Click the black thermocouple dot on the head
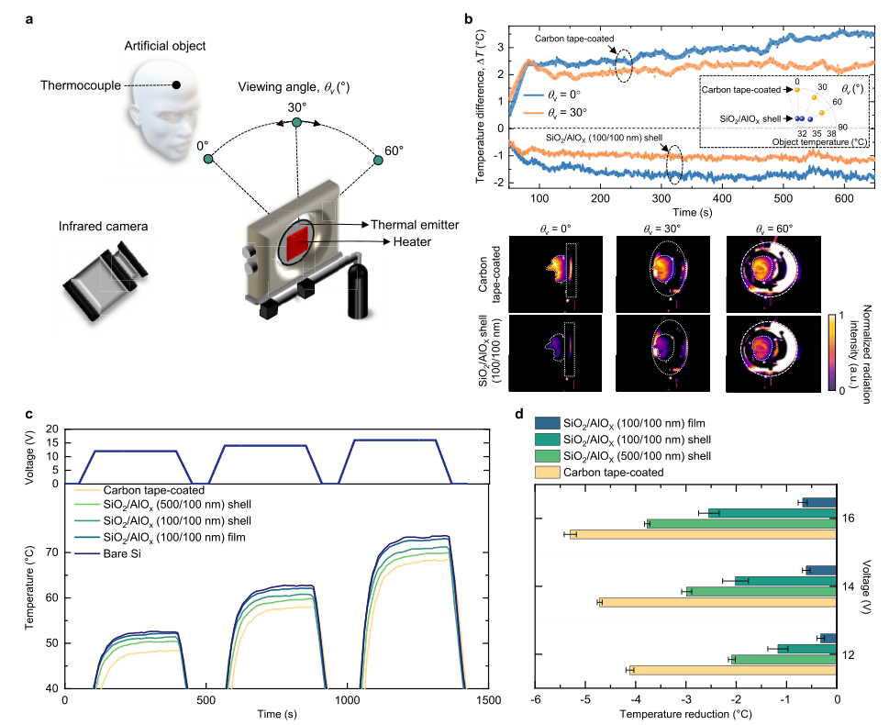[177, 85]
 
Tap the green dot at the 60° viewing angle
[378, 161]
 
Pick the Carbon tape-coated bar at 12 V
[731, 670]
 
